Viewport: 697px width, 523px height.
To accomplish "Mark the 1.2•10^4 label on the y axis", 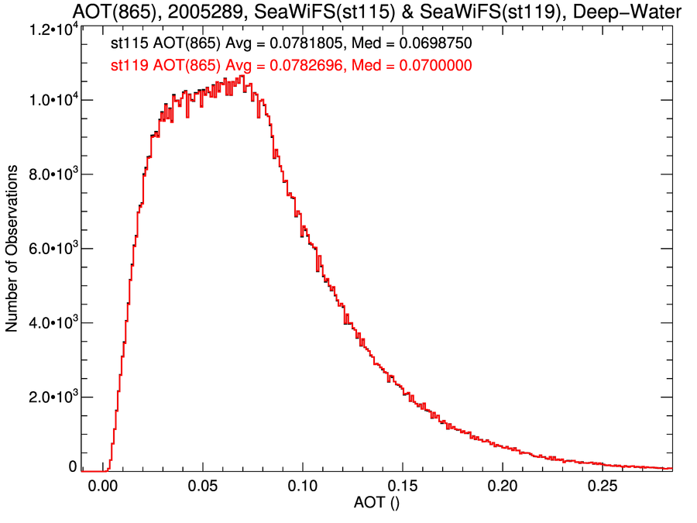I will [x=47, y=29].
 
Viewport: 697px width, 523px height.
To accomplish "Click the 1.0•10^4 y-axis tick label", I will [x=47, y=101].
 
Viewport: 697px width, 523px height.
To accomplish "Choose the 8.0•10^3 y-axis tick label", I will [x=47, y=174].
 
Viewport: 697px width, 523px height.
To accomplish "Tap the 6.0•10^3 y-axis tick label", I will [x=47, y=249].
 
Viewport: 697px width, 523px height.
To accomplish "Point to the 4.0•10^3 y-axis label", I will [x=47, y=322].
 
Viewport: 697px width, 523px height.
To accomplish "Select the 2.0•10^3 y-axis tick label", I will [x=47, y=397].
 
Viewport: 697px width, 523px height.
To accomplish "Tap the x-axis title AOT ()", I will [x=376, y=505].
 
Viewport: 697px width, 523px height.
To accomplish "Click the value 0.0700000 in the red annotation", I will [x=434, y=66].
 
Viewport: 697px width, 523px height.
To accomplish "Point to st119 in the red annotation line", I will [x=130, y=66].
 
